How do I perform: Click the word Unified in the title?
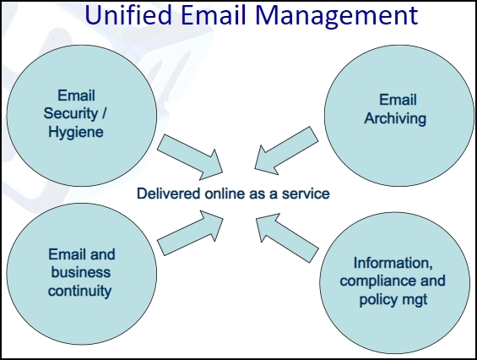coord(128,14)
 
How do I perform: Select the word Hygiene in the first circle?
coord(76,133)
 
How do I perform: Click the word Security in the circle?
coord(71,113)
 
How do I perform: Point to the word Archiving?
coord(395,118)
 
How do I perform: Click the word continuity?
coord(79,291)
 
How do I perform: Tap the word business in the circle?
coord(80,272)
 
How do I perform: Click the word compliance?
coord(378,281)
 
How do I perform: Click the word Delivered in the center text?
coord(169,194)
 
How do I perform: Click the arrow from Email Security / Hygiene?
coord(191,157)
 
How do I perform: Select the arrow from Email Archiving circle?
coord(286,150)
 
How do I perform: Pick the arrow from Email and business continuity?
coord(191,233)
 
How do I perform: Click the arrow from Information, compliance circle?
coord(287,237)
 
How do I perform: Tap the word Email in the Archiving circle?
coord(398,100)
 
